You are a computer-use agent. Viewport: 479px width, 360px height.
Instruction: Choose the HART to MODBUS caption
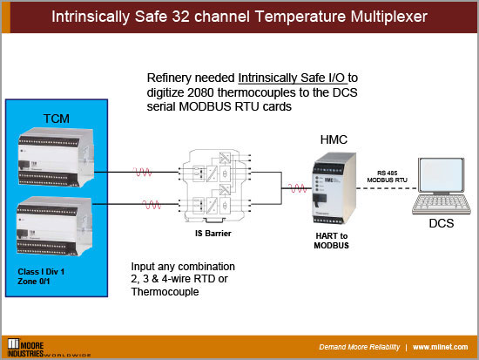click(333, 241)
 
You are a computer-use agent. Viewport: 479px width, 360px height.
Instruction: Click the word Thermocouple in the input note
click(164, 292)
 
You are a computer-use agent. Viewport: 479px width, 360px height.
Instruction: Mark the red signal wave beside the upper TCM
click(144, 172)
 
